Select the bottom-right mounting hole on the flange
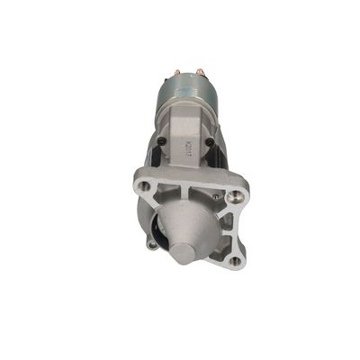point(235,262)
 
